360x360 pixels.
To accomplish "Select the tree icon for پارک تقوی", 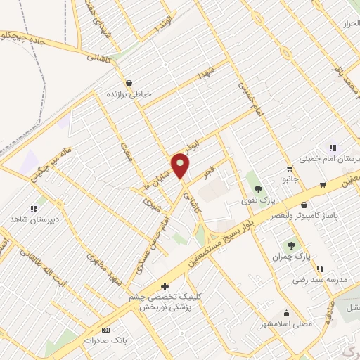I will (x=258, y=188).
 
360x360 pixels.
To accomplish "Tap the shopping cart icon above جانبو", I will (x=289, y=169).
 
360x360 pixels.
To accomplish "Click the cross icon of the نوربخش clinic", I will (x=165, y=287).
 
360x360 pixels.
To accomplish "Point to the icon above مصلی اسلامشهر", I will (x=285, y=313).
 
